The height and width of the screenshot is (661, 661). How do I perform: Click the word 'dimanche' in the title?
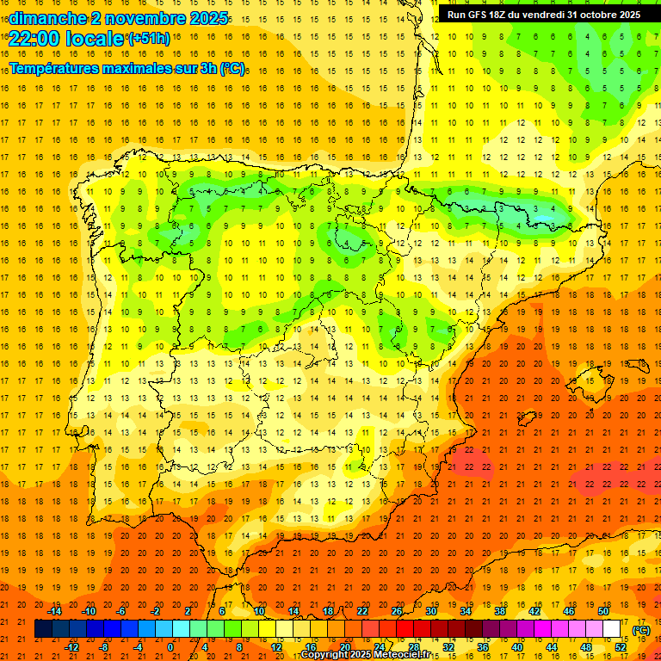[46, 17]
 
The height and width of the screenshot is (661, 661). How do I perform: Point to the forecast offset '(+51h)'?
[148, 39]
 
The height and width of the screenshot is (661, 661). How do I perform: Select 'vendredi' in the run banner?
[542, 15]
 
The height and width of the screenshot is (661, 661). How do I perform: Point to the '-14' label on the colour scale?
[55, 611]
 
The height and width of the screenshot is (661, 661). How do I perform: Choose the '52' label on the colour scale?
[621, 647]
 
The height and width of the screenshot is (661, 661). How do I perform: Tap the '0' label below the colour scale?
[171, 647]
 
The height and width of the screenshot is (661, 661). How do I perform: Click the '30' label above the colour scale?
[430, 611]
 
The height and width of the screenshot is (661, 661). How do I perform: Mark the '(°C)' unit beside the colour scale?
[640, 629]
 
